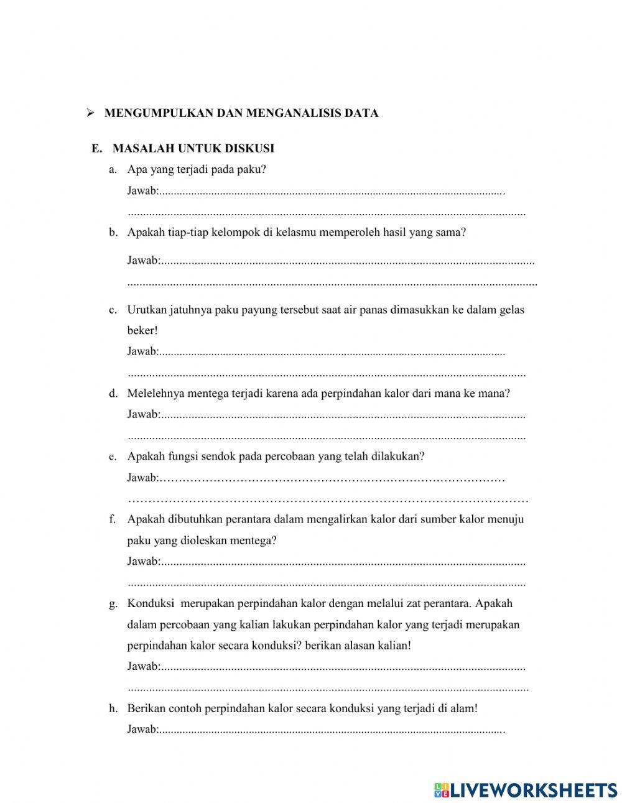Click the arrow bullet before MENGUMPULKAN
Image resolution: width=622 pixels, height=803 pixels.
[x=90, y=113]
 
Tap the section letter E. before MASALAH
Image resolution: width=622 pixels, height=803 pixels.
[x=96, y=149]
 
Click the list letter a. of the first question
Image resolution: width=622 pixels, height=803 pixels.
[x=113, y=169]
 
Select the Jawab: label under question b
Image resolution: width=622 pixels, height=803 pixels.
[x=143, y=261]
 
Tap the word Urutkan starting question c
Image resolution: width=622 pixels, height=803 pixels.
[x=147, y=310]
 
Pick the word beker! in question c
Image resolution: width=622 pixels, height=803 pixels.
[x=142, y=331]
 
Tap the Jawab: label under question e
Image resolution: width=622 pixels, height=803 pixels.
[x=143, y=478]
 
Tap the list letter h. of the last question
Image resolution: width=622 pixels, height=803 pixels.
[x=113, y=708]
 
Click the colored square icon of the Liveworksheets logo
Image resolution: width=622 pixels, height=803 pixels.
[x=442, y=790]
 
